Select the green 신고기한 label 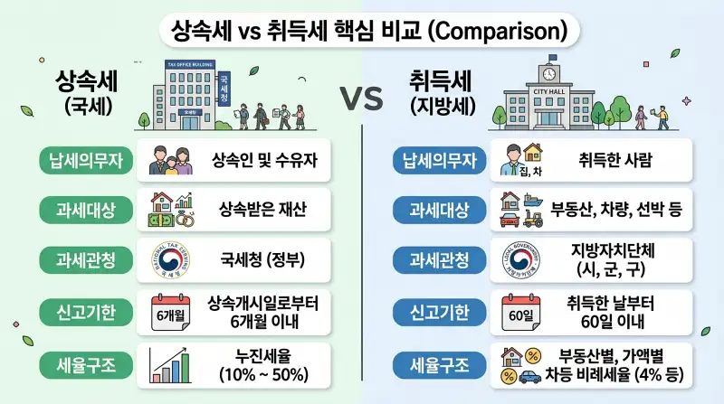(83, 312)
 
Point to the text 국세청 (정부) (262, 261)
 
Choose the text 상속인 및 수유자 (262, 161)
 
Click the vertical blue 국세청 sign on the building (224, 85)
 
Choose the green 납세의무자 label (83, 161)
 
